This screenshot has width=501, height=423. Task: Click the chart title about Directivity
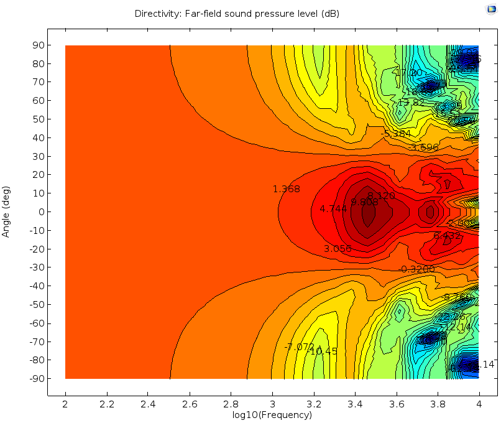[x=237, y=14]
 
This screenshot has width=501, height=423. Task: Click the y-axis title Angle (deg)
[x=6, y=211]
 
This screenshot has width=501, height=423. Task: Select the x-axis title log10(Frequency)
[x=272, y=415]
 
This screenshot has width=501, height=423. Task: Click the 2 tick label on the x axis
[x=65, y=404]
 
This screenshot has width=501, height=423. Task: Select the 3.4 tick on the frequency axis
[x=354, y=404]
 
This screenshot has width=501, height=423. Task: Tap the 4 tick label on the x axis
[x=478, y=404]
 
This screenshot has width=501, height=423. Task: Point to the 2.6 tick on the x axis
[x=189, y=404]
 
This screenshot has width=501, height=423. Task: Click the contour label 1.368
[x=286, y=189]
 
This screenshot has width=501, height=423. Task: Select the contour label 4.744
[x=333, y=209]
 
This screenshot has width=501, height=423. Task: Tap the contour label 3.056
[x=338, y=249]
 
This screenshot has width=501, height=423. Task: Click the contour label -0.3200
[x=417, y=269]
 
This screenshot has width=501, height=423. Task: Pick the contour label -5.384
[x=396, y=134]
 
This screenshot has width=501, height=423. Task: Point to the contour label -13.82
[x=411, y=103]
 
